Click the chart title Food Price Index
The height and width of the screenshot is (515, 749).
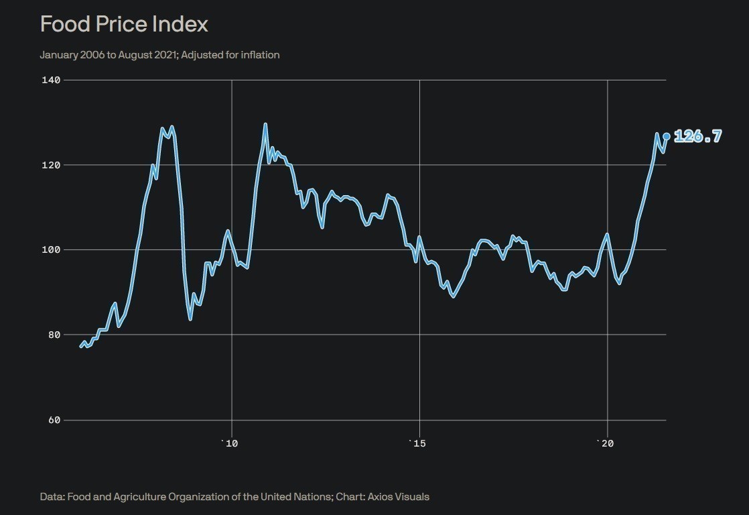pyautogui.click(x=124, y=24)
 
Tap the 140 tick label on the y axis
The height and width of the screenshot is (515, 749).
pyautogui.click(x=52, y=80)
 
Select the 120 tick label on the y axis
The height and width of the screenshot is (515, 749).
pyautogui.click(x=52, y=165)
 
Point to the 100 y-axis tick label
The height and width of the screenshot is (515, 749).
pyautogui.click(x=52, y=249)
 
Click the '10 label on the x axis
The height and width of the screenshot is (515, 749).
pyautogui.click(x=230, y=443)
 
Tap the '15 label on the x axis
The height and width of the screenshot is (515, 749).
pyautogui.click(x=417, y=443)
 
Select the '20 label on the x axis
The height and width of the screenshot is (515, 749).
pyautogui.click(x=605, y=443)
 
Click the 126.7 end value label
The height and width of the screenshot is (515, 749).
pyautogui.click(x=697, y=136)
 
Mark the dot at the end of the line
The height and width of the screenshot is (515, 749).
pyautogui.click(x=666, y=136)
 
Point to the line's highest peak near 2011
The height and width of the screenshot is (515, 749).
pyautogui.click(x=265, y=124)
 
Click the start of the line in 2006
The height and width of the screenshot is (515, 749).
pyautogui.click(x=81, y=347)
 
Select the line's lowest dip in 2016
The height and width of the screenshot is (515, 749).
pyautogui.click(x=454, y=296)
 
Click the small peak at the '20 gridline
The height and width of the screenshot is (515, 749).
pyautogui.click(x=607, y=234)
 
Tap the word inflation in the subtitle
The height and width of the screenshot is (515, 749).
pyautogui.click(x=258, y=55)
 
